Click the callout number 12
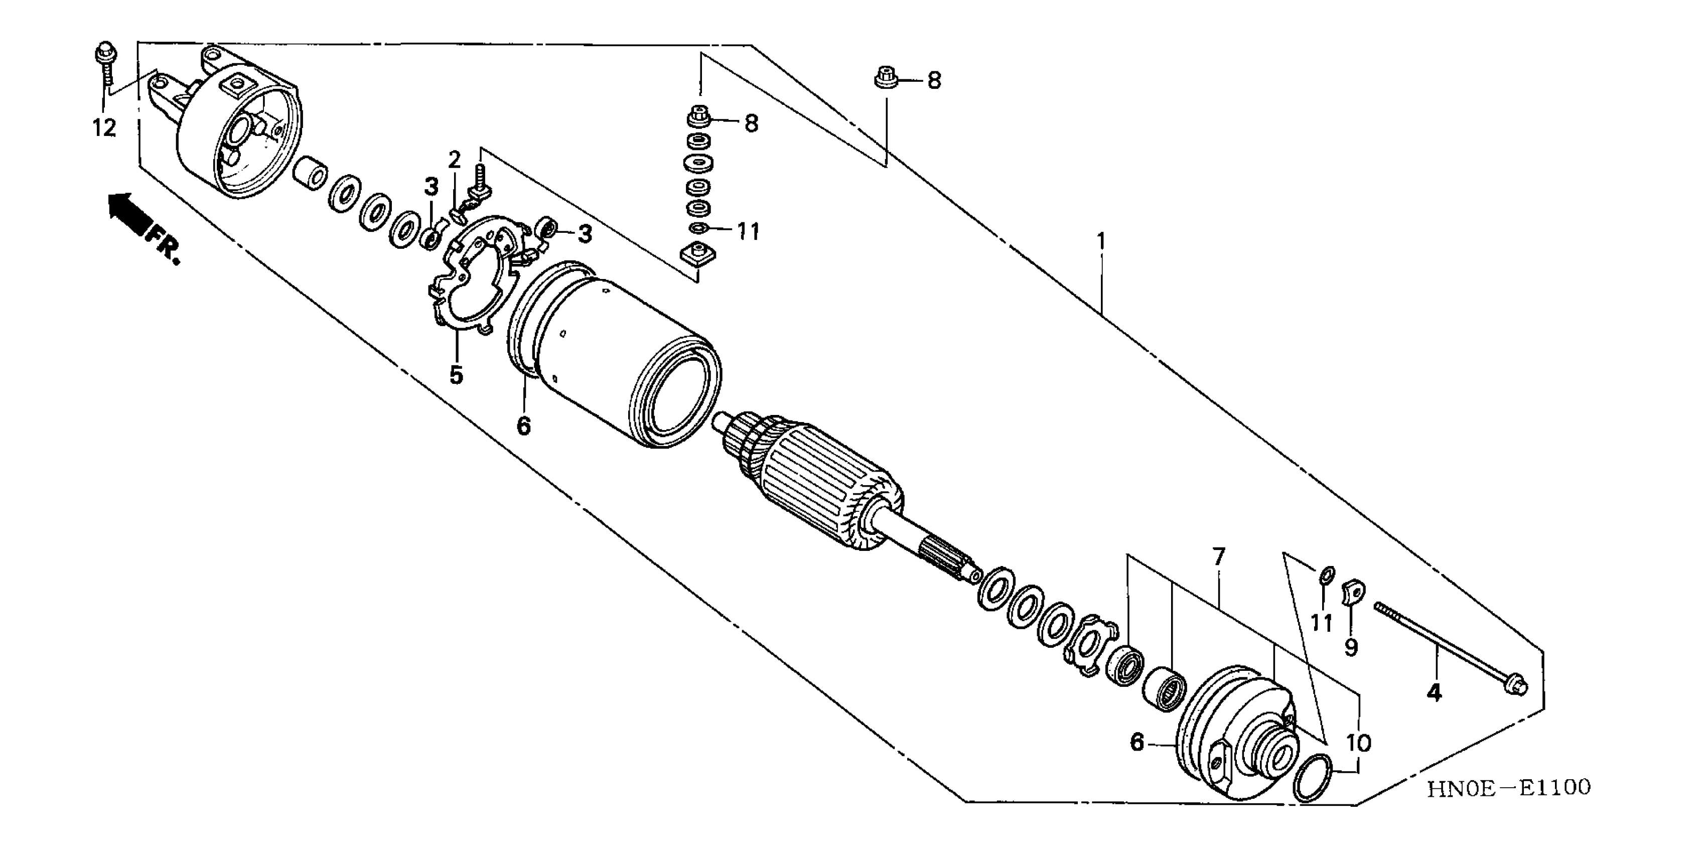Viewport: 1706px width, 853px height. tap(104, 128)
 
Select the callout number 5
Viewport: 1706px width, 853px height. tap(456, 375)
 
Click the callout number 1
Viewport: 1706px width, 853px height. tap(1101, 241)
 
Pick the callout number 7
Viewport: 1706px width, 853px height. tap(1219, 556)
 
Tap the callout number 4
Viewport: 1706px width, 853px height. tap(1434, 693)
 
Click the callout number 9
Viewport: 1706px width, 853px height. tap(1351, 647)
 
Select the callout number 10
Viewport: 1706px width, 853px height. tap(1358, 743)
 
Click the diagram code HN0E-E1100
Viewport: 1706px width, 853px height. tap(1508, 788)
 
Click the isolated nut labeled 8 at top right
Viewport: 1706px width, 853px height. tap(886, 78)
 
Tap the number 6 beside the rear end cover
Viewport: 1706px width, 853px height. tap(1136, 743)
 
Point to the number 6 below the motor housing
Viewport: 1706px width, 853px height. tap(523, 426)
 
